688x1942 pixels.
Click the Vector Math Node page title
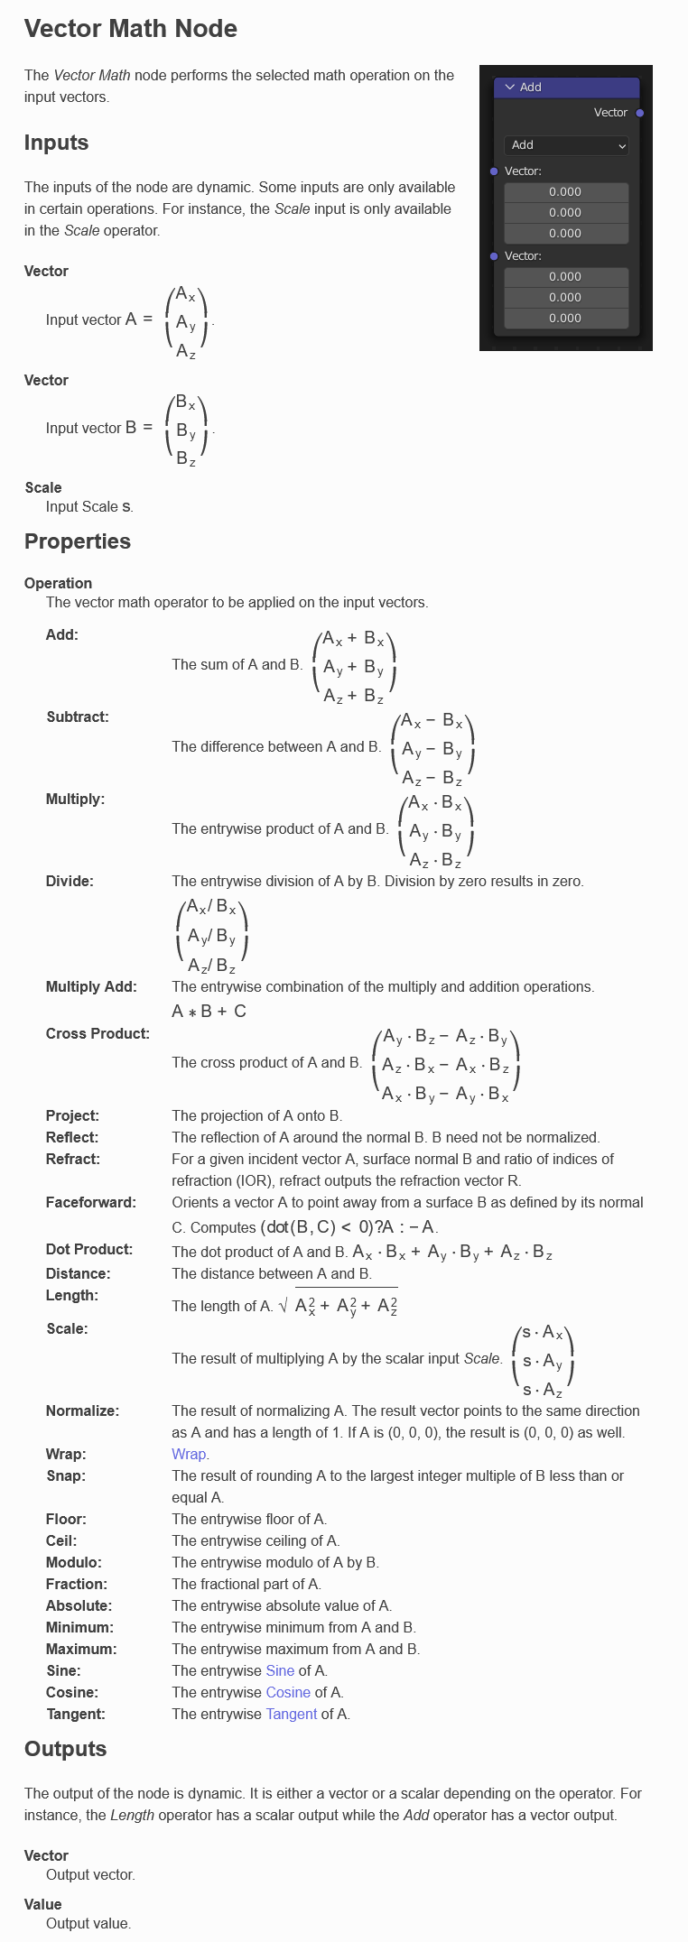[x=131, y=29]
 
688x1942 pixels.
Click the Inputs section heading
[x=56, y=143]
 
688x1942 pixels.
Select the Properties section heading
[x=78, y=541]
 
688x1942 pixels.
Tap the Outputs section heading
[x=65, y=1749]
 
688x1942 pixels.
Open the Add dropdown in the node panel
[x=565, y=145]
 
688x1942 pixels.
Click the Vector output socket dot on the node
[x=640, y=113]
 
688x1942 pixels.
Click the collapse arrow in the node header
[x=510, y=87]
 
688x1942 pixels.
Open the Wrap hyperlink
[x=189, y=1454]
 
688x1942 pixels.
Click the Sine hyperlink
[x=280, y=1670]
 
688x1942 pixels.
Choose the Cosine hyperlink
[x=288, y=1692]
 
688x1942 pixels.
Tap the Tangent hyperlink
[x=291, y=1714]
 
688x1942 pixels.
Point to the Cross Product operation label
[x=98, y=1033]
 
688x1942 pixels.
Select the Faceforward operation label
[x=90, y=1202]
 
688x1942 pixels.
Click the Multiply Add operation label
[x=91, y=986]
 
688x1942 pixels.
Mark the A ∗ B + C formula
[x=209, y=1012]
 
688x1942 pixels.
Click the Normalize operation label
[x=82, y=1410]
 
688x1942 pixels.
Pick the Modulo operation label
[x=74, y=1562]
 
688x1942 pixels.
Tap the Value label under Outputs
[x=43, y=1904]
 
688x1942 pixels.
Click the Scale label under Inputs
[x=43, y=487]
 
